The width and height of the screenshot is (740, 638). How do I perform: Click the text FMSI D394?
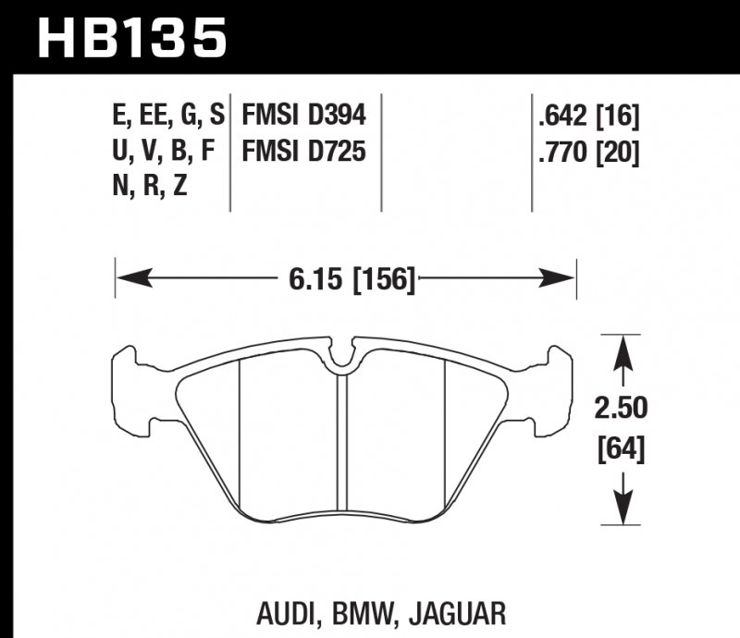click(x=304, y=117)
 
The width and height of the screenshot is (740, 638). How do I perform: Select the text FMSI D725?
click(x=304, y=151)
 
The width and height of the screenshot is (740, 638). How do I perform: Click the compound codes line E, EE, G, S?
click(x=168, y=117)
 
